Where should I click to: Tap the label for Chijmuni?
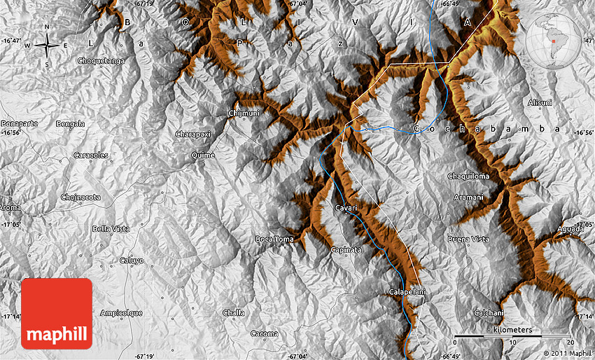pos(244,113)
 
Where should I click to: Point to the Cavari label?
pos(346,208)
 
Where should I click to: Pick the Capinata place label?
pos(346,249)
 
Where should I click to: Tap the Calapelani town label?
pos(407,291)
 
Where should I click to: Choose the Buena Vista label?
pos(468,240)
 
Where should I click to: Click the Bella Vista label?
pos(111,229)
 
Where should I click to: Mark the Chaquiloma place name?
pos(468,176)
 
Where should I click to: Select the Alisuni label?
pos(540,102)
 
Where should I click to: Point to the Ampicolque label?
pos(122,312)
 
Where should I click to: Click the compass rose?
pos(47,46)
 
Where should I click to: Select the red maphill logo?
pos(57,313)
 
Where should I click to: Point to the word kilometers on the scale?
pos(512,329)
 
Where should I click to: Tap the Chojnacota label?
pos(80,198)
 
